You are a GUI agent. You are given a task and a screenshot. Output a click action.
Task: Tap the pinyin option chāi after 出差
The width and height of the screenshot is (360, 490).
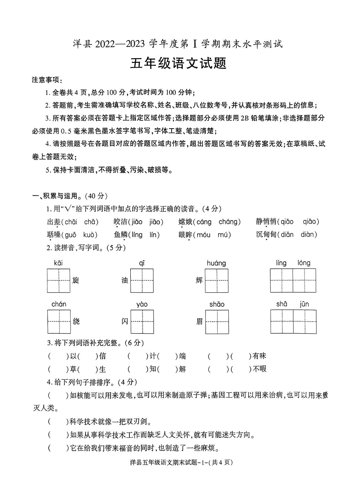click(71, 222)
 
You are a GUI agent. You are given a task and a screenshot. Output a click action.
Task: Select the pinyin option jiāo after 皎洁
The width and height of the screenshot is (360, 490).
click(155, 222)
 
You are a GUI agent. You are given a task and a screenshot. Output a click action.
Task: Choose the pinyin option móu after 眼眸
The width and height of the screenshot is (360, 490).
click(203, 235)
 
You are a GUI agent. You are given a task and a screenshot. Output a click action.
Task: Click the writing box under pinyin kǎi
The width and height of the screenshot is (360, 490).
click(59, 281)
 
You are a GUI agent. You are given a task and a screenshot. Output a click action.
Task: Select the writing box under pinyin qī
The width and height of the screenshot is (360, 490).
click(142, 281)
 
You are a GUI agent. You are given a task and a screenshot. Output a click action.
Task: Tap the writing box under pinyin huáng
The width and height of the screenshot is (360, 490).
click(216, 281)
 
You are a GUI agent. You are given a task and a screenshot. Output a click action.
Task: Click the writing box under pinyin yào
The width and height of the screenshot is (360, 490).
click(142, 322)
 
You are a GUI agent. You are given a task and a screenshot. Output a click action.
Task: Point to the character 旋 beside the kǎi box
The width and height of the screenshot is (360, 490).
click(76, 281)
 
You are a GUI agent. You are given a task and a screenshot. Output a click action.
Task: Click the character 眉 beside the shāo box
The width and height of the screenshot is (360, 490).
click(200, 322)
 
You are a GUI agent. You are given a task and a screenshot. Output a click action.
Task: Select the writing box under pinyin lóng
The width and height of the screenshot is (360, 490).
click(304, 281)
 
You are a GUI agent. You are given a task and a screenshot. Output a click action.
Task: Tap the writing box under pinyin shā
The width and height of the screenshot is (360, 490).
click(282, 322)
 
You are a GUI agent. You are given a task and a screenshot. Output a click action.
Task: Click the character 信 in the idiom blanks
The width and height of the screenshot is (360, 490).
click(102, 356)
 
